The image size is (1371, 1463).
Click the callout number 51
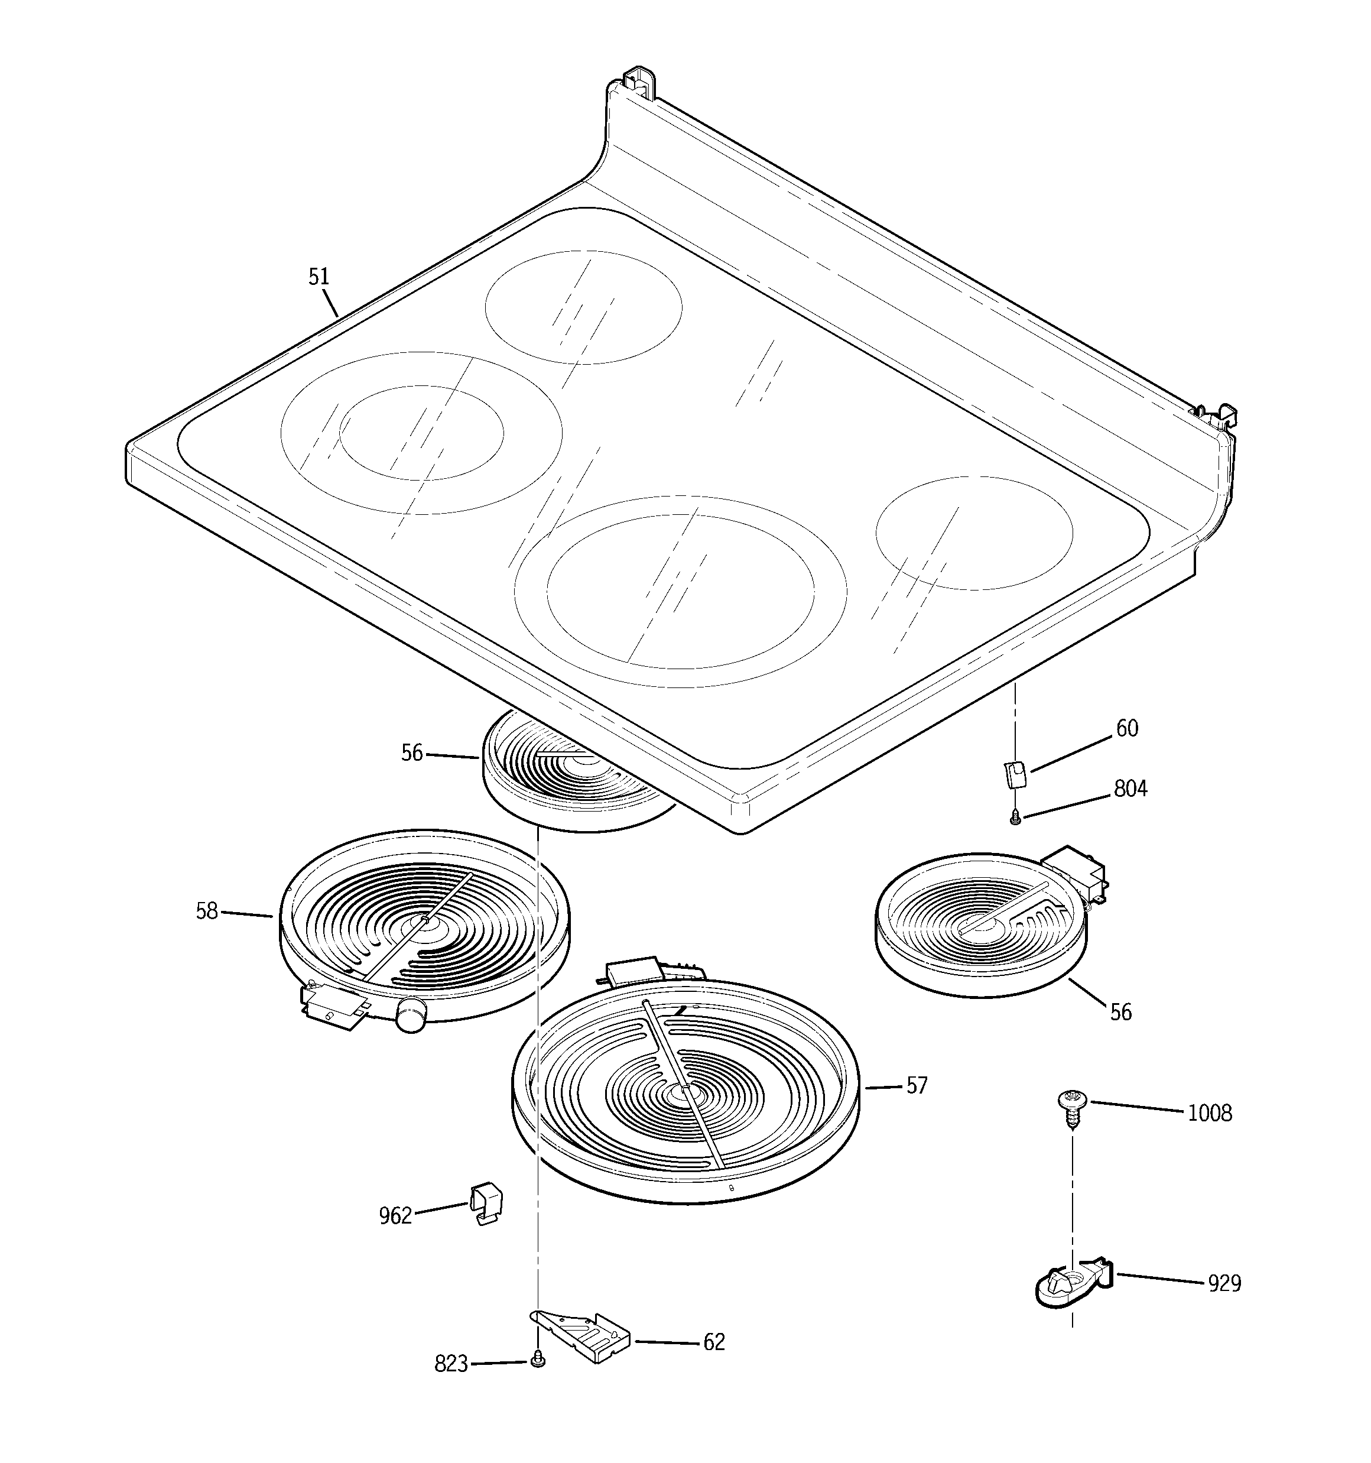click(319, 277)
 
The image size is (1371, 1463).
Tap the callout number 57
click(916, 1085)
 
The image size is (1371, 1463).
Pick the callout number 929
click(1224, 1283)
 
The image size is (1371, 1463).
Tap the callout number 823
click(451, 1364)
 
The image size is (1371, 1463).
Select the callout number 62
click(714, 1342)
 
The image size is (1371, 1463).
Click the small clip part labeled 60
click(1015, 775)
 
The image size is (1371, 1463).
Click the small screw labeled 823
click(537, 1361)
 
